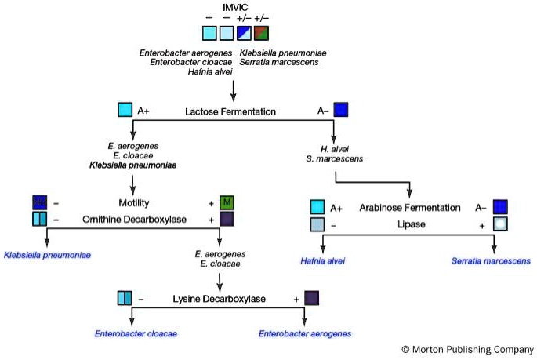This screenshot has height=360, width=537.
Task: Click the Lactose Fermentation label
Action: [230, 111]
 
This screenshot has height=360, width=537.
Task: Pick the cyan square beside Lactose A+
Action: [124, 110]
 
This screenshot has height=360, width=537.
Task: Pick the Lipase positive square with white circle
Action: [500, 224]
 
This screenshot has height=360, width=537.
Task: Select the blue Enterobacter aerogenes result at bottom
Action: [304, 333]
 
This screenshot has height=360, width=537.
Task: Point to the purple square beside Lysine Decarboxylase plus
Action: [311, 298]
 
